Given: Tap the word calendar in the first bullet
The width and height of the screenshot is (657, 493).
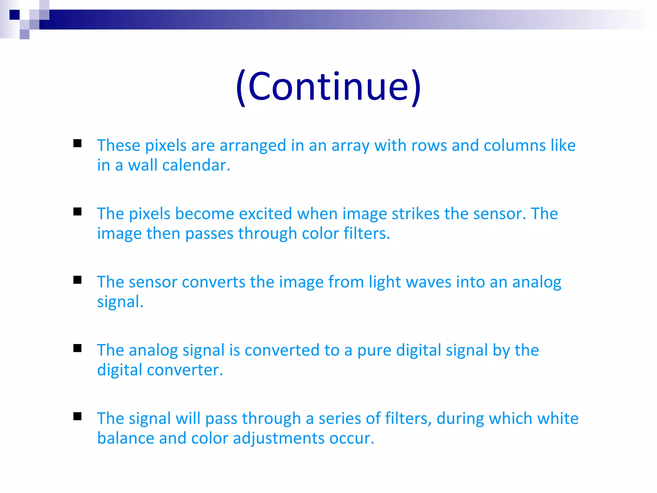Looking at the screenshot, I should pyautogui.click(x=196, y=166).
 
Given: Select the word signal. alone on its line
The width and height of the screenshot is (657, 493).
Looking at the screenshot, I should pyautogui.click(x=120, y=302).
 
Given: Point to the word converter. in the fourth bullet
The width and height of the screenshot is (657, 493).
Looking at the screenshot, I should pyautogui.click(x=185, y=370).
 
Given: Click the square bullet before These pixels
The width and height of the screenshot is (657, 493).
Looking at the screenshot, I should pyautogui.click(x=77, y=143).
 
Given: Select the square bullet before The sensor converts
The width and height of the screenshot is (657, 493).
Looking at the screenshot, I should pyautogui.click(x=77, y=280).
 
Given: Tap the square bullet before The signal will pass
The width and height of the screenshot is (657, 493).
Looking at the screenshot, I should pyautogui.click(x=77, y=416).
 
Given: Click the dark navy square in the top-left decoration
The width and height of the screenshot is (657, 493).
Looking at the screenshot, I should pyautogui.click(x=14, y=15).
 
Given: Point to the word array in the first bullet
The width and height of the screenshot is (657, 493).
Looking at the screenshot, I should pyautogui.click(x=350, y=146).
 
